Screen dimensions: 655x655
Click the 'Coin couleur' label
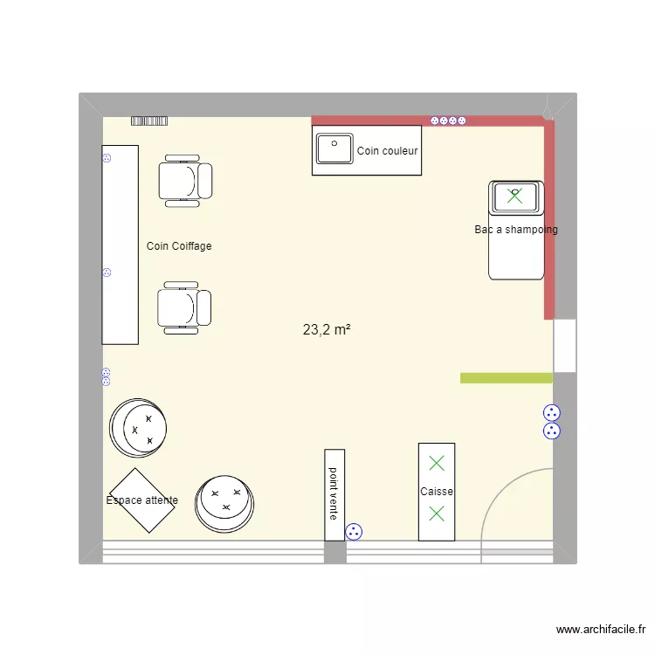[388, 151]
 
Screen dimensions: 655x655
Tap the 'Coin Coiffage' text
[179, 246]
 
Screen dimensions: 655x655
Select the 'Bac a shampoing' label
[516, 230]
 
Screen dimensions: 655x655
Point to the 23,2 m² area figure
[327, 330]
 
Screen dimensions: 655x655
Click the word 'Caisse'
[437, 492]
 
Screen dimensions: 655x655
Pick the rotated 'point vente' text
[334, 494]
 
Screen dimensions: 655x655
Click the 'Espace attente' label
[141, 500]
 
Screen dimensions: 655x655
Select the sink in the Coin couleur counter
[334, 148]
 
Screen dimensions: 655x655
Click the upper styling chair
[184, 181]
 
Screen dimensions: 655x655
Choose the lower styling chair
[183, 308]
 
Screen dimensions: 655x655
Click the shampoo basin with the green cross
[515, 196]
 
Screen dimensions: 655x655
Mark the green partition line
[507, 378]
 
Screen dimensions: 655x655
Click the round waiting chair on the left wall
[138, 428]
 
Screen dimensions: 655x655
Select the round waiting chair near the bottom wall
[225, 503]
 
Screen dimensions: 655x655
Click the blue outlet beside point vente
[354, 530]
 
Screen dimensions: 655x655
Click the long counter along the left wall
[121, 245]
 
